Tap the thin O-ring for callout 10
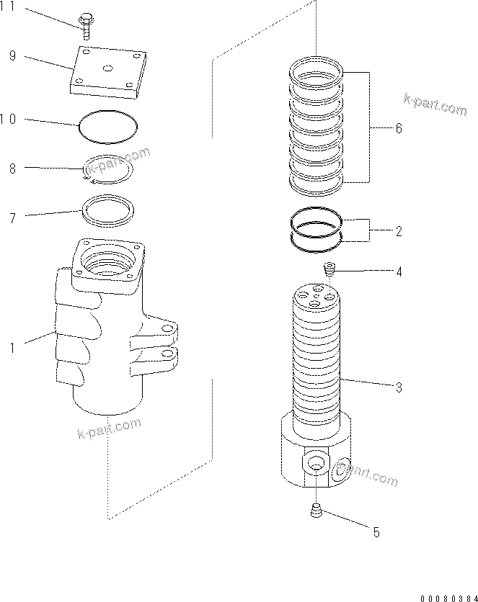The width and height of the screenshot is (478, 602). coord(107,127)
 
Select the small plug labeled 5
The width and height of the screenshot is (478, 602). coord(315,512)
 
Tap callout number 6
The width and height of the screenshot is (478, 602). coord(398,128)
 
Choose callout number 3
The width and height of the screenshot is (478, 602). coord(398,387)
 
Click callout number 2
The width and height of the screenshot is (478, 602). coord(398,232)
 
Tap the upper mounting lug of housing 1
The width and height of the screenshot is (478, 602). coord(165,330)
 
